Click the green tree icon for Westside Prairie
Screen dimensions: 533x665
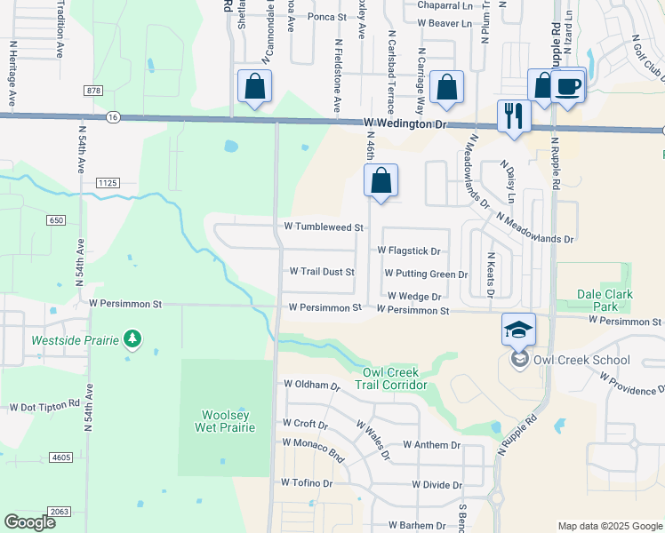click(132, 338)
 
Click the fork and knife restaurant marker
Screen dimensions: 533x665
click(514, 115)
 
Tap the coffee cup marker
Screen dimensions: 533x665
click(567, 86)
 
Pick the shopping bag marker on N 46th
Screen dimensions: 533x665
click(381, 181)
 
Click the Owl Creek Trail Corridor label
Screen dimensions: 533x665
click(391, 378)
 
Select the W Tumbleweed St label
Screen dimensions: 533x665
click(324, 227)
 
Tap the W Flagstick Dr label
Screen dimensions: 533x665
click(409, 251)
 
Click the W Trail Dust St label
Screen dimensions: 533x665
click(322, 272)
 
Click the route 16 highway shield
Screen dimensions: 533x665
click(112, 116)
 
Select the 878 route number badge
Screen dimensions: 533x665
click(94, 91)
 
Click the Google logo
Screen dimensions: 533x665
click(30, 522)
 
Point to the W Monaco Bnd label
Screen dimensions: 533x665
click(313, 442)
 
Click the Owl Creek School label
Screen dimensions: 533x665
click(581, 360)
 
